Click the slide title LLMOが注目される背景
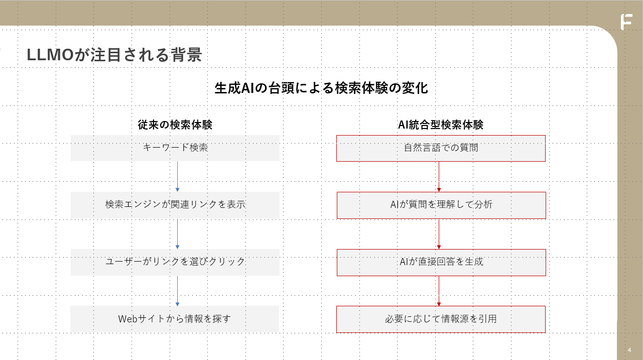(x=114, y=55)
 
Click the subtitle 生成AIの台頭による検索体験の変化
(x=321, y=88)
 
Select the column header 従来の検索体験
(x=175, y=125)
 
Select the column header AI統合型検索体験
(x=441, y=125)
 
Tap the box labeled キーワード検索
(x=175, y=148)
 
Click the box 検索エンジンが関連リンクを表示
(x=175, y=205)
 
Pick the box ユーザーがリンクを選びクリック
(x=175, y=263)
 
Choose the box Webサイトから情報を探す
(x=175, y=319)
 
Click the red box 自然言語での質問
(x=441, y=149)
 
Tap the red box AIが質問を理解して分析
(x=441, y=205)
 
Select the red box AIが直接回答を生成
(x=441, y=263)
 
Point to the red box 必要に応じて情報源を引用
(x=441, y=319)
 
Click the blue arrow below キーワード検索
(x=177, y=177)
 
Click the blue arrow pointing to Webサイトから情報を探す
(x=177, y=291)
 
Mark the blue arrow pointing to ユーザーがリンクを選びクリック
(x=177, y=233)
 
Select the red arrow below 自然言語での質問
(x=439, y=177)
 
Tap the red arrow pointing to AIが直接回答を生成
(x=439, y=234)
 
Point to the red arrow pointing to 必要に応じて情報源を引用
(x=439, y=291)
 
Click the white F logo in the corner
(x=626, y=22)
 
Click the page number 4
(x=629, y=350)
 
